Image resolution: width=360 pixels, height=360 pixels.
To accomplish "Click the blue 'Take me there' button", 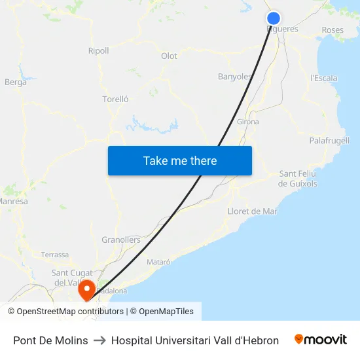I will tap(180, 160).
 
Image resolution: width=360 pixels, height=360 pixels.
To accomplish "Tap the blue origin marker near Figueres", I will tap(274, 18).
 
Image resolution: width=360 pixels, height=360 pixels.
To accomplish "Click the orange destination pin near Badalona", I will tap(86, 289).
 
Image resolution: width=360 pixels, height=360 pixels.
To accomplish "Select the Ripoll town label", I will tap(98, 50).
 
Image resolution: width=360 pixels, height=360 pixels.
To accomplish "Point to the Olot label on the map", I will tap(169, 56).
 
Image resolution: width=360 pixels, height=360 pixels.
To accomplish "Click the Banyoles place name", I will tap(234, 77).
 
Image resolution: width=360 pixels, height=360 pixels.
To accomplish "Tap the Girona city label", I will tap(248, 122).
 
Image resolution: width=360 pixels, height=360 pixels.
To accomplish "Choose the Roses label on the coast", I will tap(333, 30).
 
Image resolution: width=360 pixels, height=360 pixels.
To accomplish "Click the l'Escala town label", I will tap(323, 78).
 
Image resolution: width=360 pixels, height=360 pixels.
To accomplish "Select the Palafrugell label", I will tap(329, 140).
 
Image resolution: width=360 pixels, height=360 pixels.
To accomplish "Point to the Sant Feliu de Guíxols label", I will tap(298, 179).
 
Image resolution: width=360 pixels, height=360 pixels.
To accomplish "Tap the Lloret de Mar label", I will tap(252, 211).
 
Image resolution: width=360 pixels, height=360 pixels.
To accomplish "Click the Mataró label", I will tap(158, 262).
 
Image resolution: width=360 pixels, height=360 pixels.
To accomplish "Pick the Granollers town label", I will tap(121, 240).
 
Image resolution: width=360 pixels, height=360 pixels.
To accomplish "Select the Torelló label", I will tap(115, 99).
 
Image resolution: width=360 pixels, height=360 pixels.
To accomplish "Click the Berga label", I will tap(16, 82).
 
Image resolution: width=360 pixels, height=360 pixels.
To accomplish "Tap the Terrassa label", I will tap(54, 255).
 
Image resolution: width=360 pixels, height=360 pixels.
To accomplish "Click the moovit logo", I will tap(321, 340).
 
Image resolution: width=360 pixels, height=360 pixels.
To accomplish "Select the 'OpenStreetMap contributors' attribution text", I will tap(69, 312).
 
